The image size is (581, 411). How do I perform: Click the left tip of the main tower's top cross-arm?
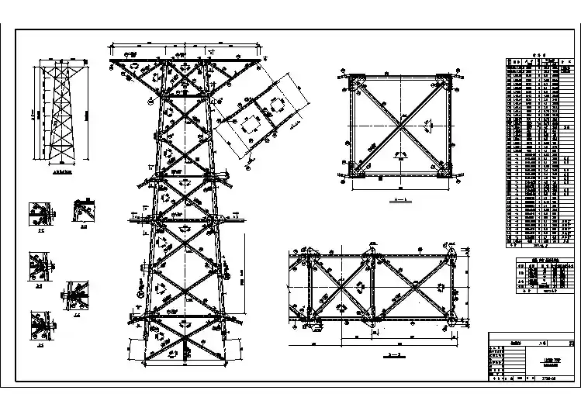(111, 60)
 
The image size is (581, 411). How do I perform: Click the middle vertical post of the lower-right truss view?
(372, 288)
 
